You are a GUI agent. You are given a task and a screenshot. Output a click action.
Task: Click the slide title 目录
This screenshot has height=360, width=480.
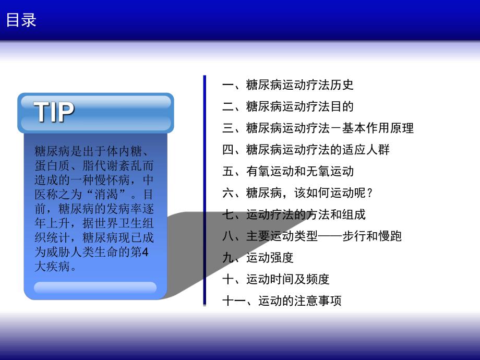21,20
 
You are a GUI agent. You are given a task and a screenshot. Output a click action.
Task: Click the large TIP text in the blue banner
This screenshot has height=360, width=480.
54,112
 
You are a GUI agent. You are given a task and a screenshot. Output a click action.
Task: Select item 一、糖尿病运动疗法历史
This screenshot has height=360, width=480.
287,85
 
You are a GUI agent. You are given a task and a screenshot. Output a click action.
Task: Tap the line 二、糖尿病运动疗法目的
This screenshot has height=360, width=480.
287,106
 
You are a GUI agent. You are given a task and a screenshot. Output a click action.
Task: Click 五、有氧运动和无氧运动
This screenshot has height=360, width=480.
287,171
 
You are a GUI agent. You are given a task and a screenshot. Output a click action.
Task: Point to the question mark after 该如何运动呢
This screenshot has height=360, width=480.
370,193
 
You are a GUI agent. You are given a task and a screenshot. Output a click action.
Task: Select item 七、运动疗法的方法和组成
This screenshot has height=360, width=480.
294,214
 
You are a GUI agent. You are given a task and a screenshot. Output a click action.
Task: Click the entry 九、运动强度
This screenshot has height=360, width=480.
258,257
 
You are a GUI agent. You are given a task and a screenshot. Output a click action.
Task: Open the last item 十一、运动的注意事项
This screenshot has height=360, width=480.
282,301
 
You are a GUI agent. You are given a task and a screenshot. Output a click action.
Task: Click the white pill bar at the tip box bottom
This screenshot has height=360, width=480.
95,287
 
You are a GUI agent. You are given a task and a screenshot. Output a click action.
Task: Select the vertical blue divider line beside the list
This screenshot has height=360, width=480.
205,190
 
